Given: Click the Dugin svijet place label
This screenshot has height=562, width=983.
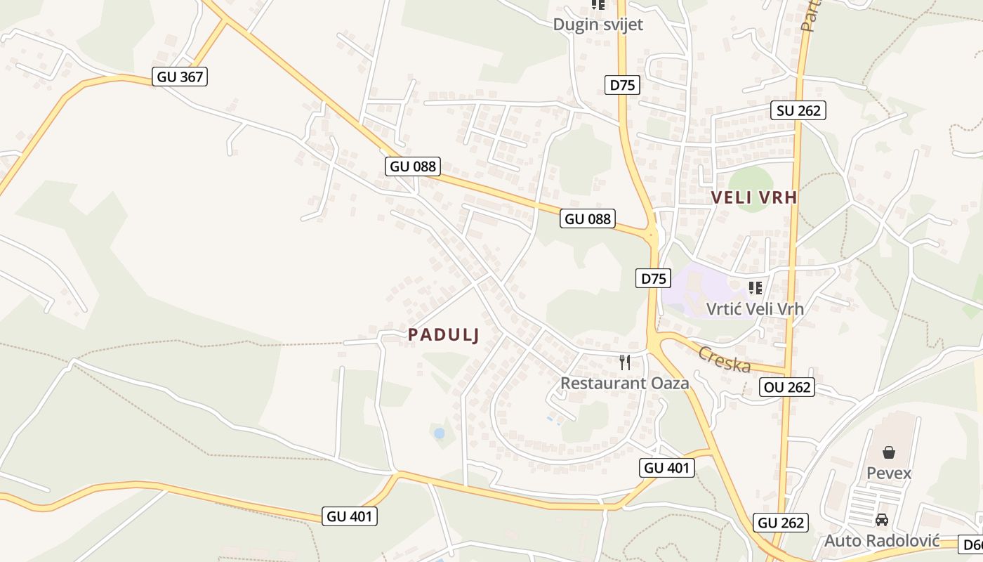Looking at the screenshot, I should click(x=598, y=25).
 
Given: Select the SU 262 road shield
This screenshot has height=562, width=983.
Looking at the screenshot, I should click(x=798, y=110).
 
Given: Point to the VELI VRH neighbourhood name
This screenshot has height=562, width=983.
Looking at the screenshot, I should click(x=754, y=197).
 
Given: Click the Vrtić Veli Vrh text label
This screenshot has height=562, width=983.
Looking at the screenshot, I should click(x=755, y=308).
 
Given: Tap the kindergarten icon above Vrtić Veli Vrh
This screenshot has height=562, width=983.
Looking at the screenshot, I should click(x=756, y=287).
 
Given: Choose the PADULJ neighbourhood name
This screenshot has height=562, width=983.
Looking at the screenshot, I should click(x=444, y=335).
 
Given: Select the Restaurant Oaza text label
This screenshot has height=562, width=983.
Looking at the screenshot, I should click(x=624, y=383).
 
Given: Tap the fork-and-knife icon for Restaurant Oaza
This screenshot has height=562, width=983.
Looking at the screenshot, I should click(x=624, y=362).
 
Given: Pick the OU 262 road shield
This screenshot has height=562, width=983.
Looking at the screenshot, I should click(x=787, y=387).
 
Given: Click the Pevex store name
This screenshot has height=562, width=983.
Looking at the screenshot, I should click(x=889, y=473).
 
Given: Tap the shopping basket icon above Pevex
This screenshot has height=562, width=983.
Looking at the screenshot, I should click(x=889, y=452).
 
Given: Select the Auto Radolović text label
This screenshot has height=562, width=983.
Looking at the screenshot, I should click(x=882, y=541).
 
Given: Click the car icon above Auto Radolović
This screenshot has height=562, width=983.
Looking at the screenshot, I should click(x=882, y=521).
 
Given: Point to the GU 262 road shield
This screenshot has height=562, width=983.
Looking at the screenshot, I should click(x=781, y=523).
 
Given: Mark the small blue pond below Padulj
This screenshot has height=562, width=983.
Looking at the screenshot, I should click(x=439, y=433).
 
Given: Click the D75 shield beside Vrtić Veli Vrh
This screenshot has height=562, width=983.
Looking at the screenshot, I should click(x=653, y=278).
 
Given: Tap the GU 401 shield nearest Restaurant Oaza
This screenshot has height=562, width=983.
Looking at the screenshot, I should click(x=667, y=468).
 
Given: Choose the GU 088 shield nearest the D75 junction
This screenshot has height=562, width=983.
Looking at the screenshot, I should click(x=588, y=218).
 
